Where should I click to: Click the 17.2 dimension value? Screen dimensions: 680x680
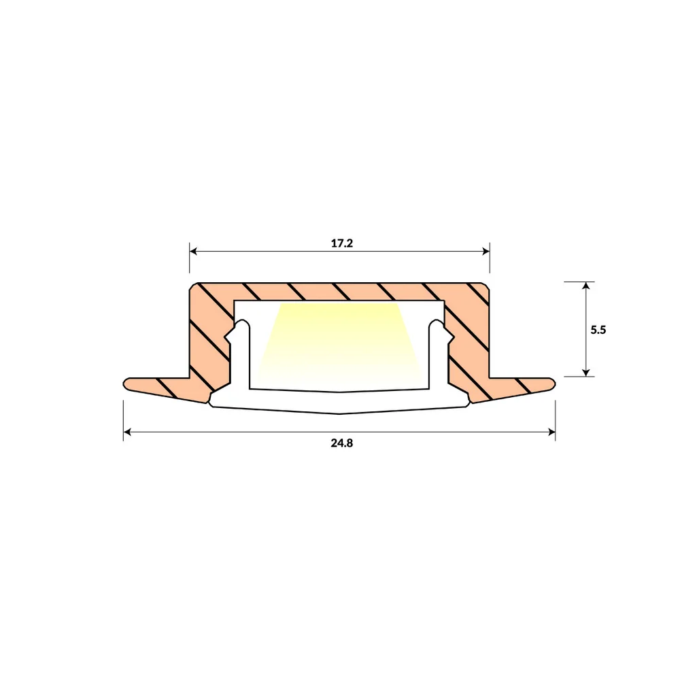click(x=342, y=243)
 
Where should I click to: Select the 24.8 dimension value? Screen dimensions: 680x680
click(x=342, y=443)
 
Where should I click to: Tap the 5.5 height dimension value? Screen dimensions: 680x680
click(x=598, y=329)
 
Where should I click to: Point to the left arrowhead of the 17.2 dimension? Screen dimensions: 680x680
click(x=193, y=251)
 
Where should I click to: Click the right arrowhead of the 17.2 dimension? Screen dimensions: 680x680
click(x=486, y=251)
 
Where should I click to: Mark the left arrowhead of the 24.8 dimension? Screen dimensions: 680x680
click(x=127, y=431)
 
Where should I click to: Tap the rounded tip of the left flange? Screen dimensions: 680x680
click(x=126, y=384)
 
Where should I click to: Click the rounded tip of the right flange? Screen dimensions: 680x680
click(x=554, y=384)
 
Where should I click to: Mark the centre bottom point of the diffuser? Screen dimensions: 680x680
click(x=339, y=413)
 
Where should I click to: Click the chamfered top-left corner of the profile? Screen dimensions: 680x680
click(x=192, y=286)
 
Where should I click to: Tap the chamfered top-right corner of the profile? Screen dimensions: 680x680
click(x=487, y=286)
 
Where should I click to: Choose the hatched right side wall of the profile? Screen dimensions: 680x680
click(x=469, y=340)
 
